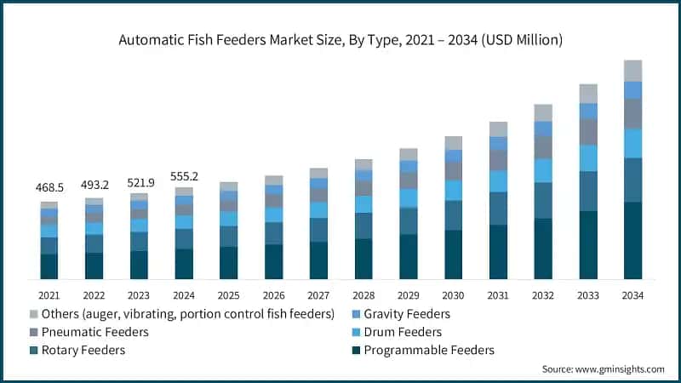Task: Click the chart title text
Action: [x=340, y=40]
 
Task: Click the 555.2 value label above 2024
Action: [x=184, y=176]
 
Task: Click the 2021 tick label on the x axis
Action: [x=49, y=294]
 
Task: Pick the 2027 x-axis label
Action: [x=318, y=294]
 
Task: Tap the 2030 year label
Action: [x=454, y=294]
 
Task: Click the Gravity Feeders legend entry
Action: [x=406, y=314]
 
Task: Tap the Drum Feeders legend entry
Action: [x=403, y=332]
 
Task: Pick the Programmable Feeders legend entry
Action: [x=428, y=350]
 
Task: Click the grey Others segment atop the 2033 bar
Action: [x=588, y=94]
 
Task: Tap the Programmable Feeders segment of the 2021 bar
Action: [x=49, y=266]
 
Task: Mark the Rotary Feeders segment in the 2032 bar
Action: [x=543, y=200]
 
